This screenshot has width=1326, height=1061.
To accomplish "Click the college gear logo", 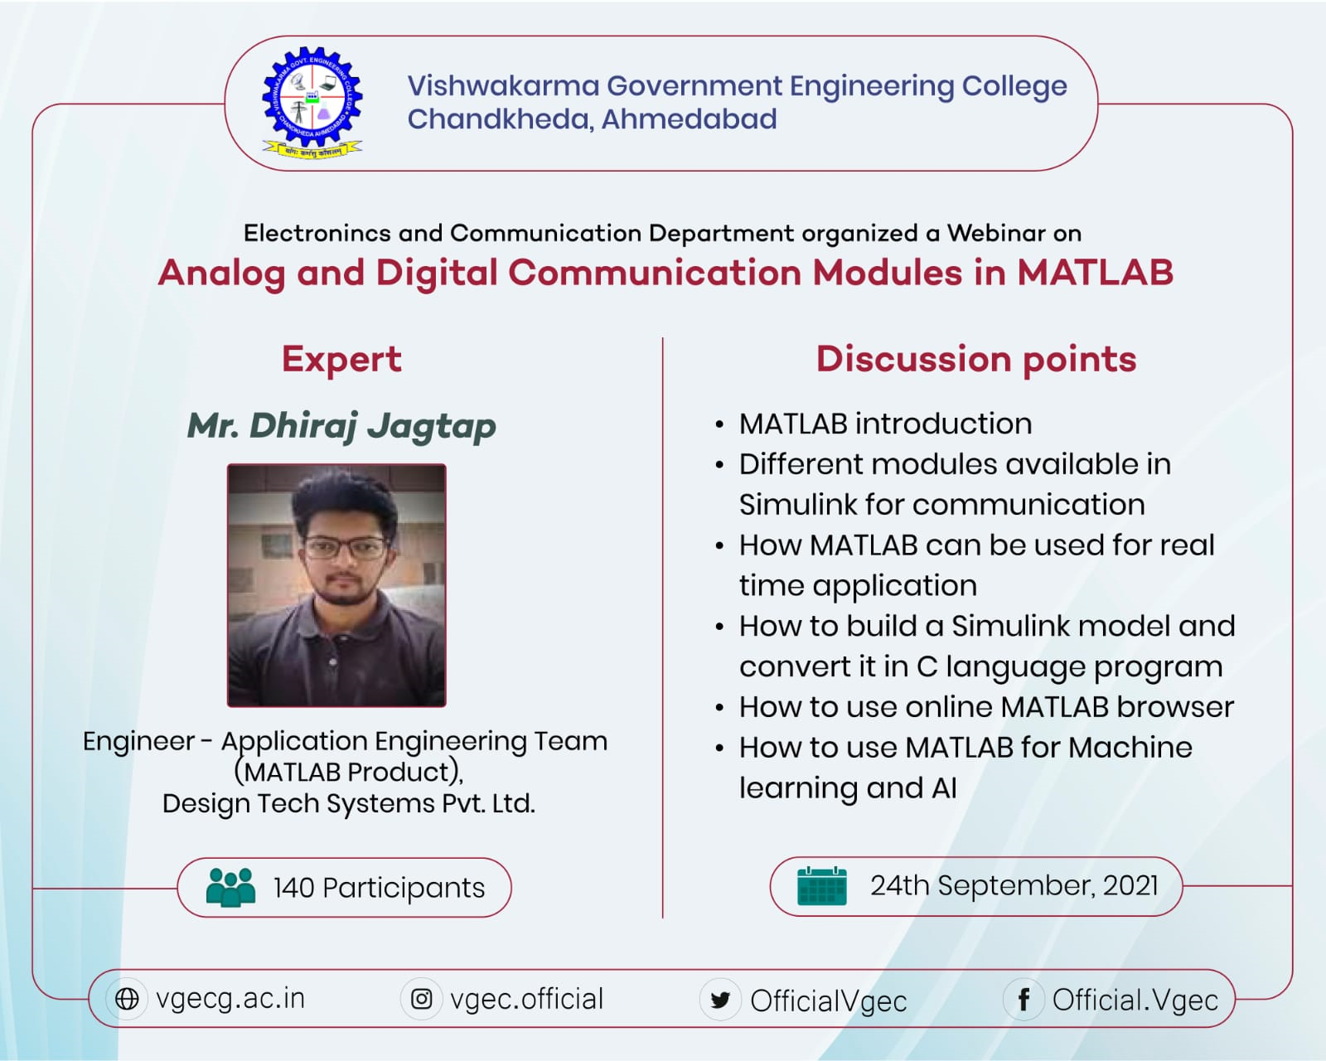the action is pyautogui.click(x=312, y=103).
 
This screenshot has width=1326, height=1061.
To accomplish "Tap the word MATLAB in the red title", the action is pyautogui.click(x=1095, y=273).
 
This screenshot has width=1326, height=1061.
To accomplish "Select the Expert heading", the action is pyautogui.click(x=341, y=360).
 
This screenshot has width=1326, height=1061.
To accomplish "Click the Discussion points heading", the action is pyautogui.click(x=976, y=360).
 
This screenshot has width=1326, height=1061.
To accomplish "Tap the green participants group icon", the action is pyautogui.click(x=230, y=887).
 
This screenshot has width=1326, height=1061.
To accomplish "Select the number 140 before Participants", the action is pyautogui.click(x=294, y=889).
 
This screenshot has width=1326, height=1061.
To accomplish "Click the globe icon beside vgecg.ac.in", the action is pyautogui.click(x=127, y=999).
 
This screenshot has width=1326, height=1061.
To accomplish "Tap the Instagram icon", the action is pyautogui.click(x=422, y=999).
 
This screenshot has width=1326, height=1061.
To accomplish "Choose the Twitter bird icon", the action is pyautogui.click(x=720, y=1000).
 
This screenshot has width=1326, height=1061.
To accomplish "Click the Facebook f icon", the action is pyautogui.click(x=1024, y=1000).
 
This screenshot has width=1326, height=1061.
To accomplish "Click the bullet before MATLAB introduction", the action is pyautogui.click(x=719, y=425).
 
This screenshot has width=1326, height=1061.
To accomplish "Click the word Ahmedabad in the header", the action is pyautogui.click(x=689, y=119).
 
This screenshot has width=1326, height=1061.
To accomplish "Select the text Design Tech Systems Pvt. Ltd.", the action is pyautogui.click(x=349, y=804).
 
